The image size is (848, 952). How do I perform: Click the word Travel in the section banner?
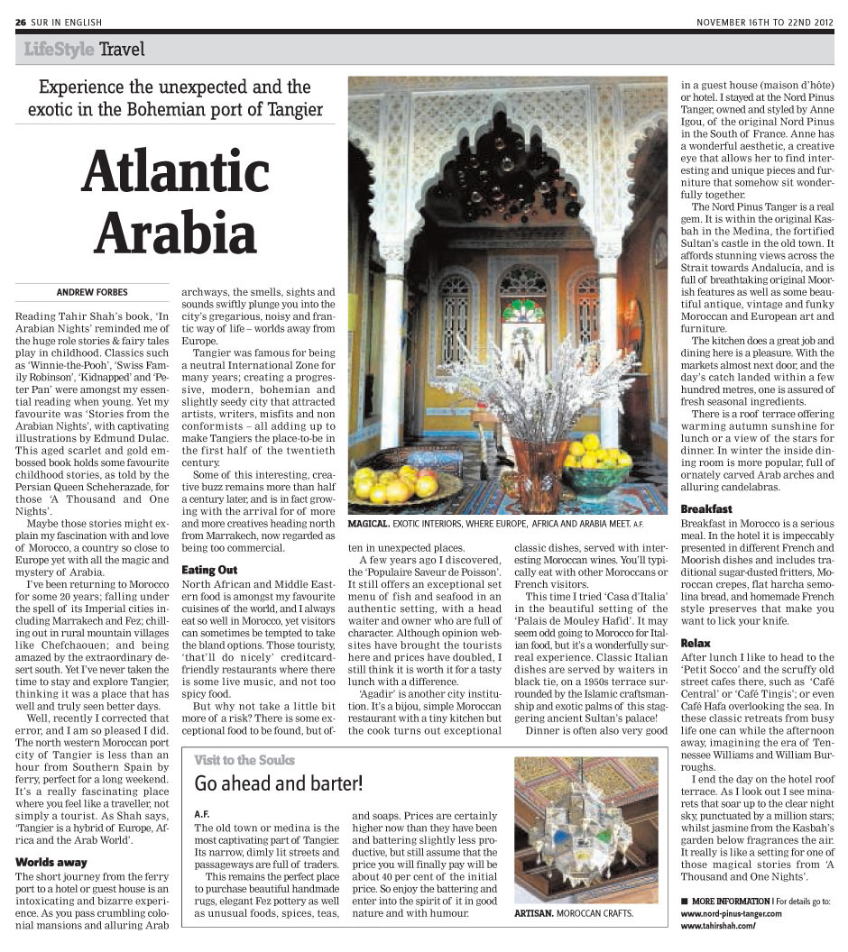coord(122,49)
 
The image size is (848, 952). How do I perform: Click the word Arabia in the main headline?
coord(176,232)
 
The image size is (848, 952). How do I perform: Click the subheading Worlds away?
coord(51,862)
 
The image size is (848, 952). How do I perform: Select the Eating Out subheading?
coord(209,570)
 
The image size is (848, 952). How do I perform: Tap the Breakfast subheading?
coord(705,509)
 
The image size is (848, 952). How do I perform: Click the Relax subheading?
coord(696,644)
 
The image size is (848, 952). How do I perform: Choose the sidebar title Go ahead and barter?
coord(279,783)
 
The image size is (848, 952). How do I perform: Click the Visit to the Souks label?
coord(244,760)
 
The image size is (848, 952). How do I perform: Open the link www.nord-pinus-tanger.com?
coord(732,913)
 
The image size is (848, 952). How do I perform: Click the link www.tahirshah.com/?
coord(716,926)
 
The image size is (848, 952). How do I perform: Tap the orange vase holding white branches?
coord(539,473)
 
